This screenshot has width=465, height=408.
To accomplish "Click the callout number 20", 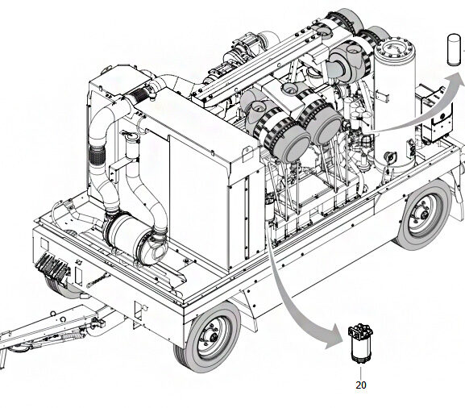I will [359, 385].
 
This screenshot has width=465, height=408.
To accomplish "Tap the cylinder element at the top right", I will [454, 51].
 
